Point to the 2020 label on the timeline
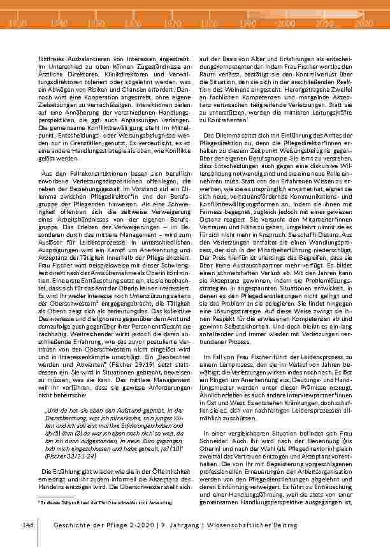[363, 24]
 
